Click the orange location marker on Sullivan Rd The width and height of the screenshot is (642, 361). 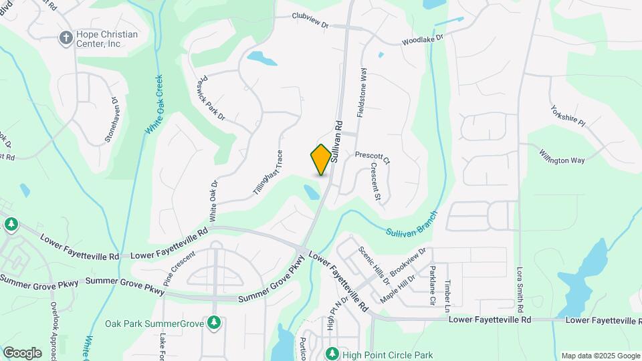pos(321,160)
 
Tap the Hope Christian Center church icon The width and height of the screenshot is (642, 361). pos(66,37)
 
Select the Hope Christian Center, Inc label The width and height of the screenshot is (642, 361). pos(98,39)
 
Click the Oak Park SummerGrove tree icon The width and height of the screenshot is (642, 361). pos(214,324)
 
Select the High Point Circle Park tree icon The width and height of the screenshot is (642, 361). pos(331,354)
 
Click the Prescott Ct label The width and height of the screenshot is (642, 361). pos(372,157)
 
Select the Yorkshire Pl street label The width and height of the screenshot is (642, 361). pos(568,116)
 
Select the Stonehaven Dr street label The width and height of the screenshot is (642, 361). pos(112,120)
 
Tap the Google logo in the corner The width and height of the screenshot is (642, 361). pos(22,353)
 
